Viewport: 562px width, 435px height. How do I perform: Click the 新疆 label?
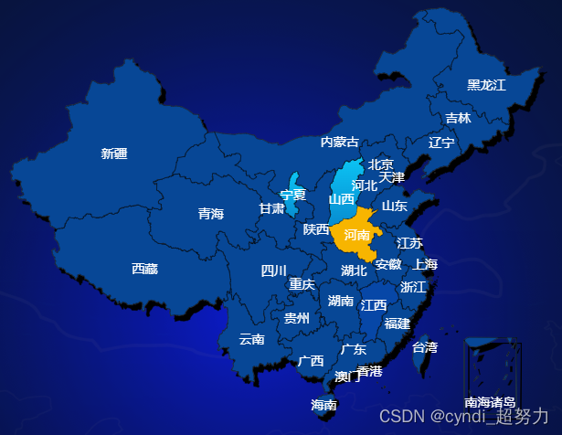(x=114, y=154)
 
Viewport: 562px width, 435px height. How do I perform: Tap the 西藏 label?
(x=144, y=269)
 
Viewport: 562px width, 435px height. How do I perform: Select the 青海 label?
(x=211, y=214)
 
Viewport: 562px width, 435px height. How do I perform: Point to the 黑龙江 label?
(x=486, y=85)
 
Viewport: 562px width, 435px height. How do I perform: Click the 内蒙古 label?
(x=339, y=142)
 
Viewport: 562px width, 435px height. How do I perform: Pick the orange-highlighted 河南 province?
(x=353, y=234)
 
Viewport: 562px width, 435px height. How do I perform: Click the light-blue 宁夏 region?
(x=292, y=193)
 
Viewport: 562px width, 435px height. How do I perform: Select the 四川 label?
(x=274, y=271)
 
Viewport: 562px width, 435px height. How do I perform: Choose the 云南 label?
(x=251, y=339)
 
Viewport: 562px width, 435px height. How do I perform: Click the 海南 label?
(x=323, y=405)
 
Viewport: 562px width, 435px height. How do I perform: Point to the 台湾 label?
(x=424, y=347)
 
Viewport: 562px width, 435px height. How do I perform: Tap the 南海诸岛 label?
(x=490, y=402)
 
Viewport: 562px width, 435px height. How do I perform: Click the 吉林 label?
(x=459, y=118)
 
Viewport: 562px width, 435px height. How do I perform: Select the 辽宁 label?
(x=441, y=143)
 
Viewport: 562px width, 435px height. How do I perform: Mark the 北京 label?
(x=381, y=164)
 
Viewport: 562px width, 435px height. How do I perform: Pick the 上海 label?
(x=425, y=264)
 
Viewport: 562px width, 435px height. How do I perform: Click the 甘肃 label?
(x=271, y=208)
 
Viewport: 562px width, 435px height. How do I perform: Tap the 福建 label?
(x=397, y=323)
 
